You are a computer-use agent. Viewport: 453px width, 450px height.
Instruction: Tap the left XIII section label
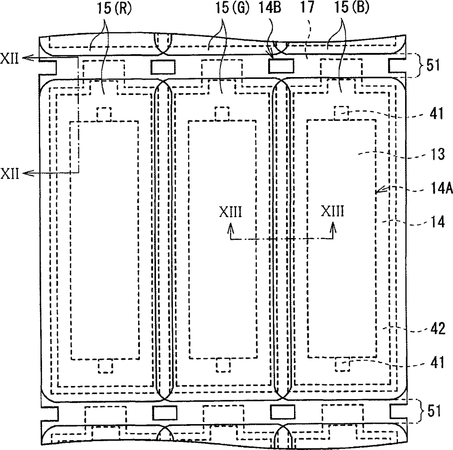tap(230, 212)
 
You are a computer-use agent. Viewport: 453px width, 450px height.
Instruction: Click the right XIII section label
tap(332, 212)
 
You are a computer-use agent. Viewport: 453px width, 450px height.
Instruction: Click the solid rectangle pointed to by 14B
tap(281, 66)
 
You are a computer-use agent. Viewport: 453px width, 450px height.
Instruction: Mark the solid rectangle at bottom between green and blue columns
tap(282, 412)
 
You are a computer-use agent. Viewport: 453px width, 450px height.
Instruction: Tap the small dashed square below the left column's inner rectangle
tap(105, 366)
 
